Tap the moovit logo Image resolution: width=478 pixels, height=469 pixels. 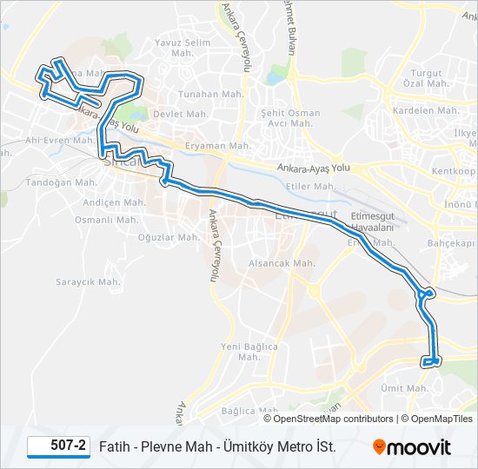pyautogui.click(x=412, y=447)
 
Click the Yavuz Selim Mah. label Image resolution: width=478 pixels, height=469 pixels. pyautogui.click(x=183, y=48)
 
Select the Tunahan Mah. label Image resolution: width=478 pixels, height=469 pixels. pyautogui.click(x=202, y=95)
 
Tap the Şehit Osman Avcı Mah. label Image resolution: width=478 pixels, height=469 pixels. pyautogui.click(x=290, y=118)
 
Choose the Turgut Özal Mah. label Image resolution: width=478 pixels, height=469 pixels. pyautogui.click(x=426, y=78)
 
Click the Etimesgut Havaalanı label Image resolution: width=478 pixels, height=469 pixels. pyautogui.click(x=373, y=221)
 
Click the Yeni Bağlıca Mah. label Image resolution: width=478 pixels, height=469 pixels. pyautogui.click(x=249, y=352)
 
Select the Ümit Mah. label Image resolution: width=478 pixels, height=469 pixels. pyautogui.click(x=404, y=388)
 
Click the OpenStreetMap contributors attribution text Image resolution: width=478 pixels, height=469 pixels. pyautogui.click(x=333, y=419)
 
